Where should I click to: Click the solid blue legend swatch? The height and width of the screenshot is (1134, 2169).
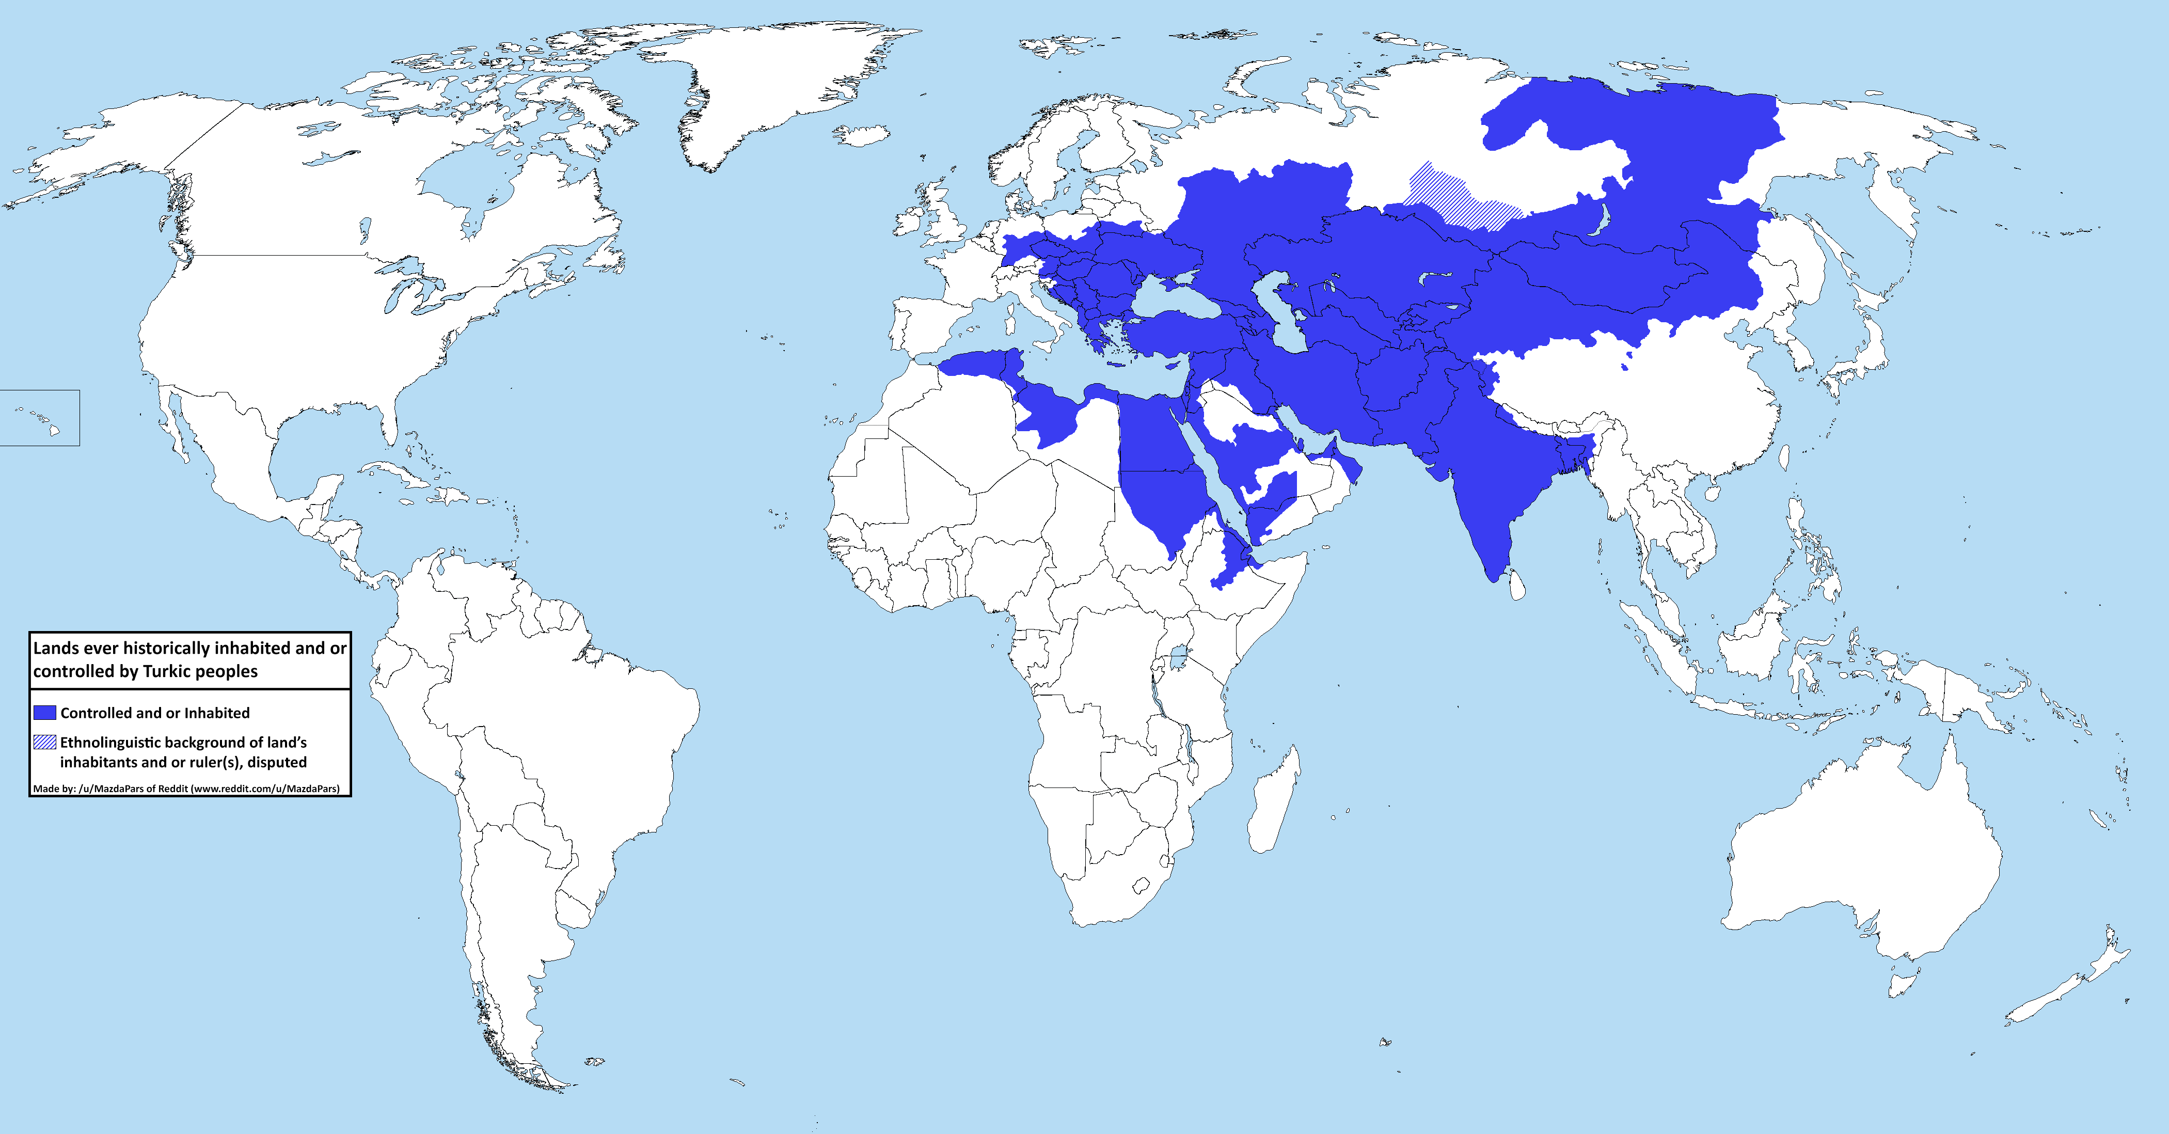pos(44,712)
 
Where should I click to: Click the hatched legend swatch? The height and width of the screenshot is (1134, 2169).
pos(44,742)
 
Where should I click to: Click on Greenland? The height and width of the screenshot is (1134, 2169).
pos(758,84)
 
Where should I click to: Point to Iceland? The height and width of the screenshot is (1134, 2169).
pos(861,135)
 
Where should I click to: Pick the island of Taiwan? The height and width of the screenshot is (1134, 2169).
pos(1782,456)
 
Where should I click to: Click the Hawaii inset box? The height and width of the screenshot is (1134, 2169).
pos(40,418)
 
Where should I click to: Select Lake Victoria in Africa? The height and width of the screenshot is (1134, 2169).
pos(1178,654)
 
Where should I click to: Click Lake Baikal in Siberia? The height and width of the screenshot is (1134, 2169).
pos(1595,219)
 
